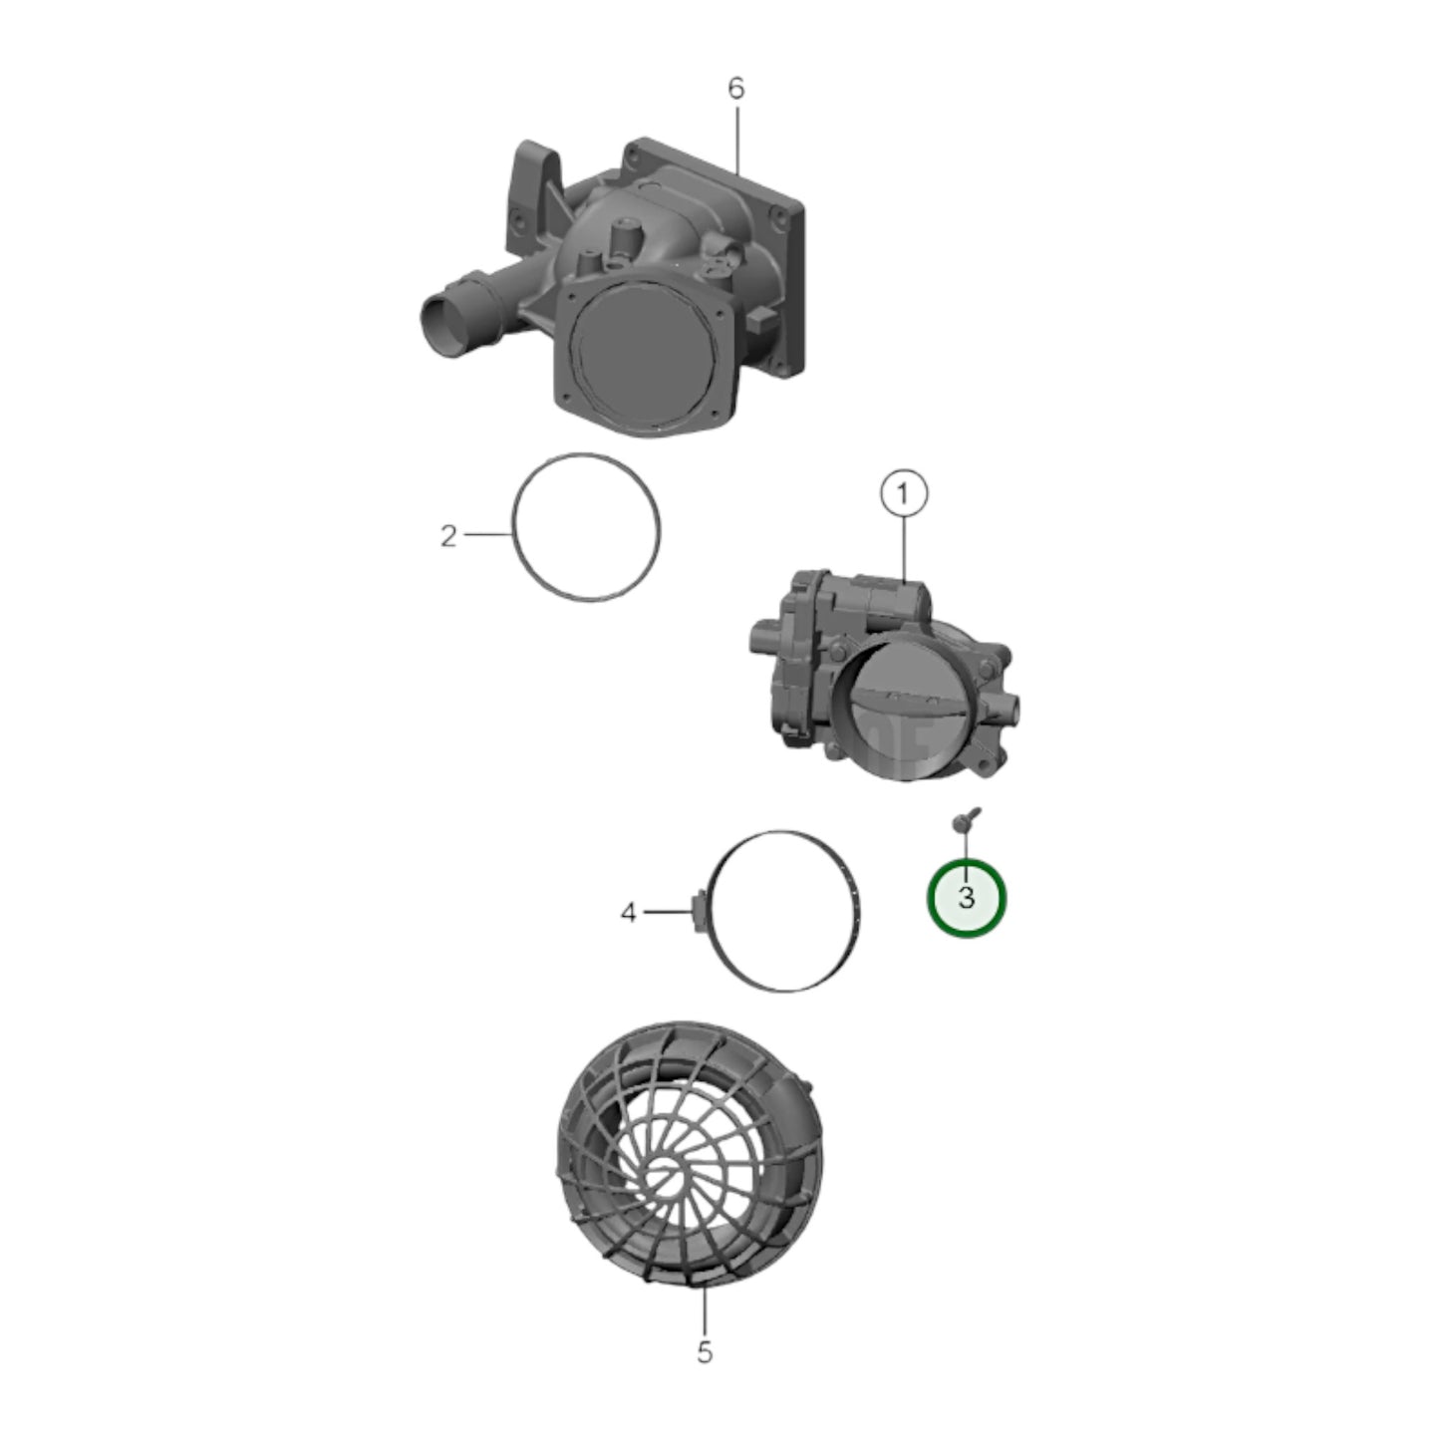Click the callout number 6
[x=736, y=89]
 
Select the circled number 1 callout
[x=904, y=494]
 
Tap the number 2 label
[x=448, y=535]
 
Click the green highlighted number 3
[x=967, y=898]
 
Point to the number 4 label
[x=629, y=912]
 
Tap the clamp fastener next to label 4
[x=700, y=912]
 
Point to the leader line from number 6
[x=737, y=142]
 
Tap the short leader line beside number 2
[x=488, y=534]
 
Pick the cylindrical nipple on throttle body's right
[x=1008, y=705]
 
